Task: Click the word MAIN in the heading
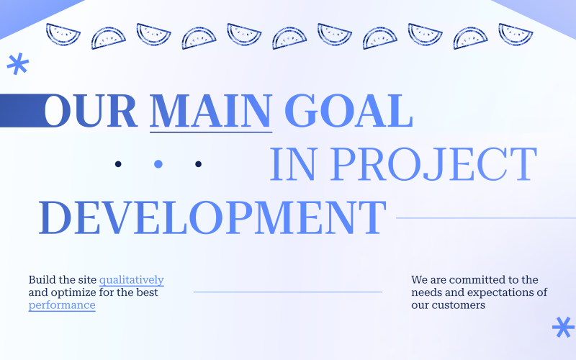click(x=210, y=112)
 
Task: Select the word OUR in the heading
click(x=91, y=112)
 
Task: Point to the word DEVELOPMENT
click(x=212, y=217)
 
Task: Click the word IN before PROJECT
click(x=291, y=164)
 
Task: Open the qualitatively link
click(x=131, y=279)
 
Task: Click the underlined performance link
click(x=62, y=305)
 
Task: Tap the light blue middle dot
click(x=158, y=164)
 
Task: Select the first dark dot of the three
click(x=118, y=164)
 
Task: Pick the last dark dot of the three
click(x=199, y=164)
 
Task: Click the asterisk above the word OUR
click(x=17, y=65)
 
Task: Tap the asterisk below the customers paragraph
click(x=562, y=327)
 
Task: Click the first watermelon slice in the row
click(x=63, y=35)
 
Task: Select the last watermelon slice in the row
click(x=516, y=35)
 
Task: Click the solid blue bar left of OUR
click(x=22, y=110)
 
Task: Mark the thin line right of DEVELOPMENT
click(x=485, y=217)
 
